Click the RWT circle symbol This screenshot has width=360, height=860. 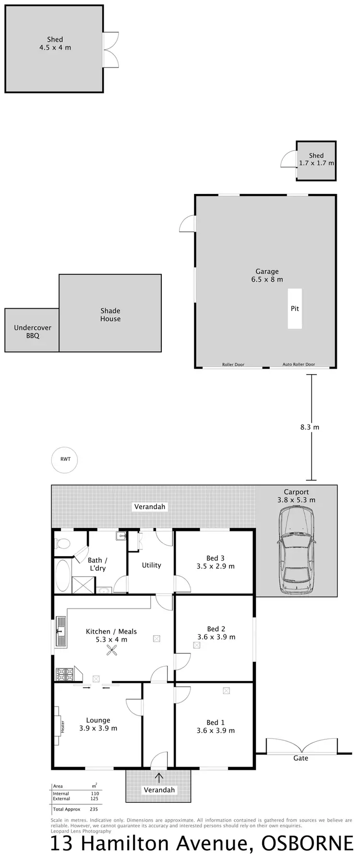point(65,459)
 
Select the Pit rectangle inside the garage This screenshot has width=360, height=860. point(295,309)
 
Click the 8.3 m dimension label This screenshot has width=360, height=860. point(310,427)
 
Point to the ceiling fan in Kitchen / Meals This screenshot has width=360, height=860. point(112,650)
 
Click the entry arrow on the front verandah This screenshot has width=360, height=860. point(159,777)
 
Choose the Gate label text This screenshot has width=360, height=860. point(301,758)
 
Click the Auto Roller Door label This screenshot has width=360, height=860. point(299,364)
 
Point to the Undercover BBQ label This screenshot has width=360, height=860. point(33,332)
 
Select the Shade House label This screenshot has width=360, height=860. point(110,315)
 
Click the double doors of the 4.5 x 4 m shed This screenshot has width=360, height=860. point(111,50)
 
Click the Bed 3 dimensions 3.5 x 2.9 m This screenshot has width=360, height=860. point(216,566)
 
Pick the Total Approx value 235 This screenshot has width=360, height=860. point(94,809)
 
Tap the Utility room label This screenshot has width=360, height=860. point(151,565)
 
